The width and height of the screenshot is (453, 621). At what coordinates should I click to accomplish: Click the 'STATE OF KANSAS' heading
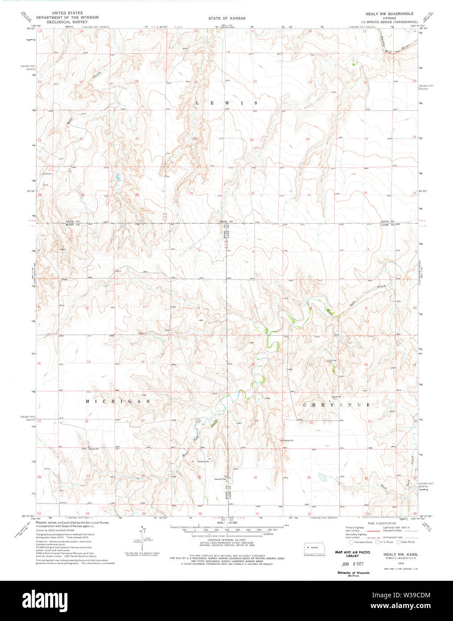(227, 18)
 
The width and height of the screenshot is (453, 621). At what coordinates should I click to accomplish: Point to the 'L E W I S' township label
(227, 103)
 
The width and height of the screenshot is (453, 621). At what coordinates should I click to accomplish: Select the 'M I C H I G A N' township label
(118, 402)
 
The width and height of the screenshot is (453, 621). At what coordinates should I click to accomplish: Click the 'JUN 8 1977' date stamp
(352, 564)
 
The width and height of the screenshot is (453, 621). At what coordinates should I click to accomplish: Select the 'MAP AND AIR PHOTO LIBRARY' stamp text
(352, 554)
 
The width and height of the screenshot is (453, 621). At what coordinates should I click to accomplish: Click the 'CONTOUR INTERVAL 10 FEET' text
(226, 540)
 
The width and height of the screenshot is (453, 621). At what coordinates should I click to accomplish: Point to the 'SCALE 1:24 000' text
(226, 523)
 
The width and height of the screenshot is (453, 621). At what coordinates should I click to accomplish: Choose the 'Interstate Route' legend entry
(362, 542)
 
